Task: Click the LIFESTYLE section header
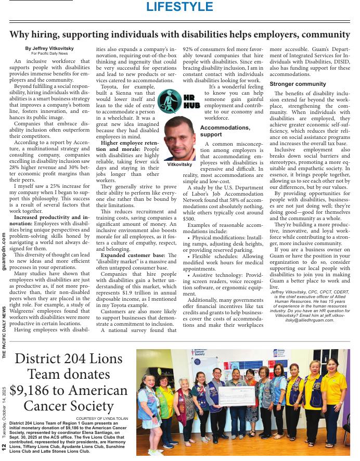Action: coord(179,7)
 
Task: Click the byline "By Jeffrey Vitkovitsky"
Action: coord(49,48)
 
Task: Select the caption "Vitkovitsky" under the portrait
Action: coord(179,164)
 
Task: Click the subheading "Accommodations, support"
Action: coord(225,131)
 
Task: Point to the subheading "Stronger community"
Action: coord(298,84)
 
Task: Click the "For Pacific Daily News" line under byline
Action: coord(49,54)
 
